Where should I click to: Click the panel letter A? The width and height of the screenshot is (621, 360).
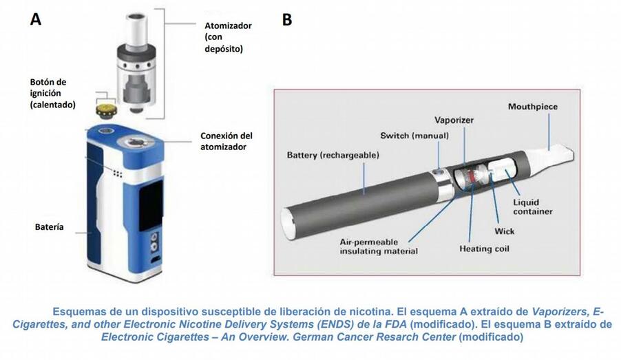(x=35, y=19)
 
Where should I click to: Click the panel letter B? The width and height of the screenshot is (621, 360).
(x=286, y=19)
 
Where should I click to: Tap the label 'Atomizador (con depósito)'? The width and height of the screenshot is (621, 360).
(x=227, y=37)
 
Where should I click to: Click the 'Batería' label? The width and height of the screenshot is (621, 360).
(x=50, y=226)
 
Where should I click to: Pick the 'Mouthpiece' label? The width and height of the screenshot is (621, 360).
(x=532, y=107)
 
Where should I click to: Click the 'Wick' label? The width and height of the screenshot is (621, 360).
(x=505, y=231)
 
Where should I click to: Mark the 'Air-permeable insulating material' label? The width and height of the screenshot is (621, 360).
(x=379, y=246)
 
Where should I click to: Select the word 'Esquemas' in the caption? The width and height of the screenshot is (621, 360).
(x=80, y=311)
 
